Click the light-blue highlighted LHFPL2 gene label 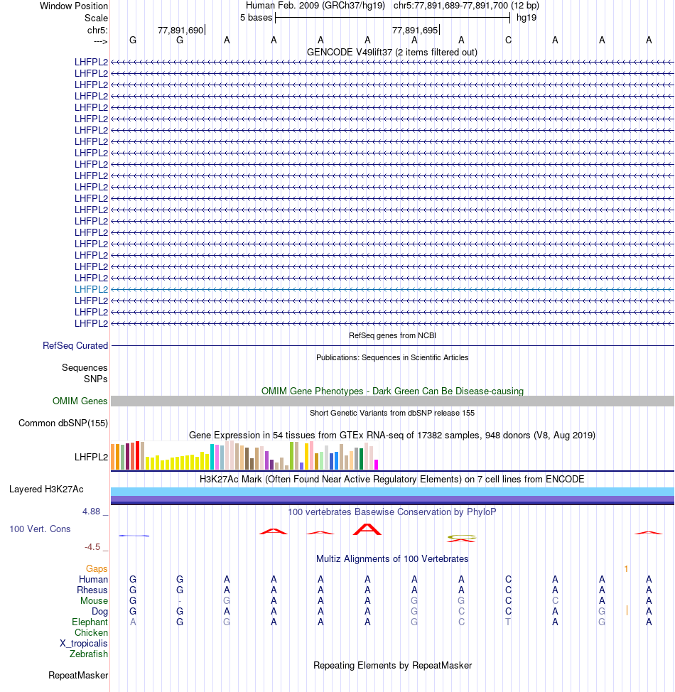click(x=91, y=289)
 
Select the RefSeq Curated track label click(x=75, y=345)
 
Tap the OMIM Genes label click(x=80, y=401)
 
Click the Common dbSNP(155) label click(x=63, y=423)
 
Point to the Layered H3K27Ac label click(x=46, y=490)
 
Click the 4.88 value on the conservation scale click(x=93, y=511)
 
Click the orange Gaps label click(x=97, y=569)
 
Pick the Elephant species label click(x=90, y=622)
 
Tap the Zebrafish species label click(x=89, y=654)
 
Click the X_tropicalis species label click(x=84, y=643)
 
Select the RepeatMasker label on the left click(x=78, y=675)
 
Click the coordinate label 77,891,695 click(x=415, y=30)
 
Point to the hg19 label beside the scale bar click(x=526, y=17)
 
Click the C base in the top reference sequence click(x=508, y=40)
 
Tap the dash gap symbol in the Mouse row click(x=180, y=601)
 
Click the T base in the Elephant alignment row click(x=508, y=622)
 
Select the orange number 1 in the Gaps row click(x=626, y=569)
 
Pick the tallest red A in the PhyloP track click(x=367, y=529)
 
